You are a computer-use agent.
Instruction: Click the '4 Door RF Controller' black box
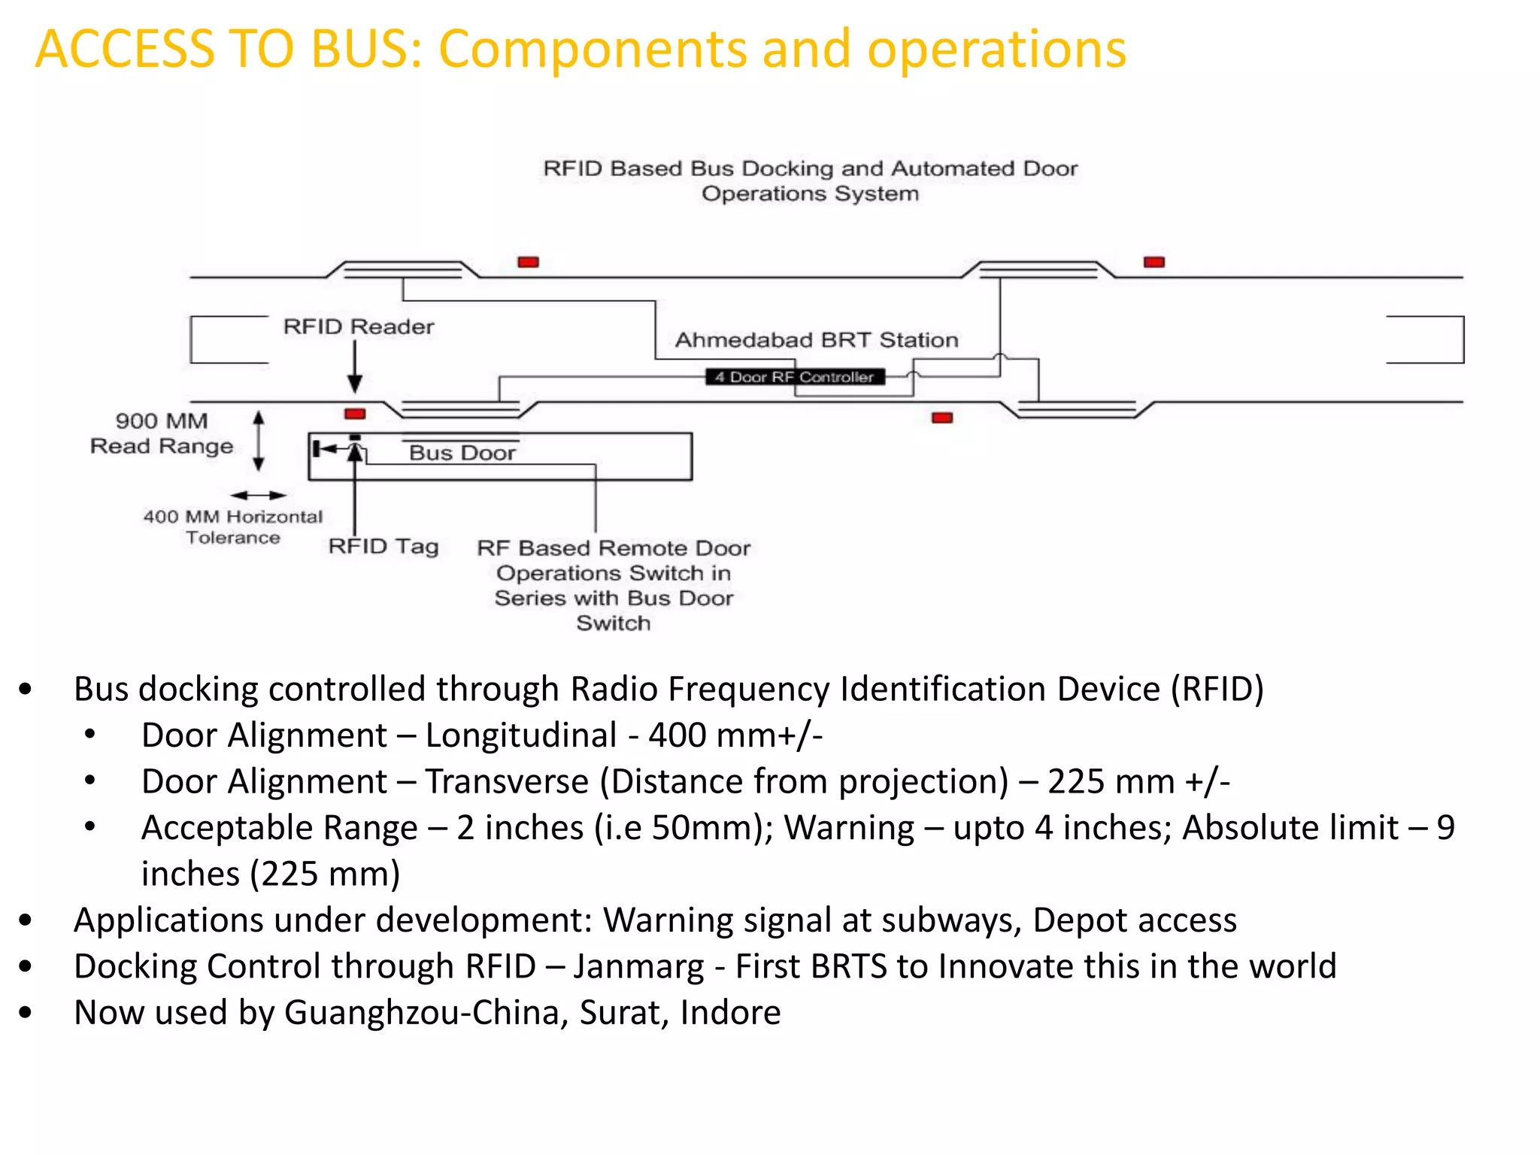click(795, 377)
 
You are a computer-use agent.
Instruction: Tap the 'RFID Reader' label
click(359, 326)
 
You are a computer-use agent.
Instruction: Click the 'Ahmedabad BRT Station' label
click(817, 340)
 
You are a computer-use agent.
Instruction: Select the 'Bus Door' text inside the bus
click(462, 453)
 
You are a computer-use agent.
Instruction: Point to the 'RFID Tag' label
click(383, 546)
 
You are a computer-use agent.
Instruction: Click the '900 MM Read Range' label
click(162, 434)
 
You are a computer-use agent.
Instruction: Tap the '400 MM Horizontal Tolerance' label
click(233, 526)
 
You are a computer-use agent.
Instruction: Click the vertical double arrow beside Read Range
click(259, 441)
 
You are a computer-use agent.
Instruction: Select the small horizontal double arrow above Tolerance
click(258, 495)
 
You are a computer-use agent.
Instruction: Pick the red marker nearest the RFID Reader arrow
click(355, 414)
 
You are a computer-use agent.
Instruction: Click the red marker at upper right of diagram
click(1154, 262)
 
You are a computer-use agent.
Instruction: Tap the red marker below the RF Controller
click(942, 417)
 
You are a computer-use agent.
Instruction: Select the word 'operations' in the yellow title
click(996, 50)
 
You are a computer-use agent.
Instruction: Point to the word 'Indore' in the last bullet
click(730, 1012)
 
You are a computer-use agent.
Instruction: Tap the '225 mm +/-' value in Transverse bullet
click(1138, 781)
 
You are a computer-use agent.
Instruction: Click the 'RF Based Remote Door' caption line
click(614, 548)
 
